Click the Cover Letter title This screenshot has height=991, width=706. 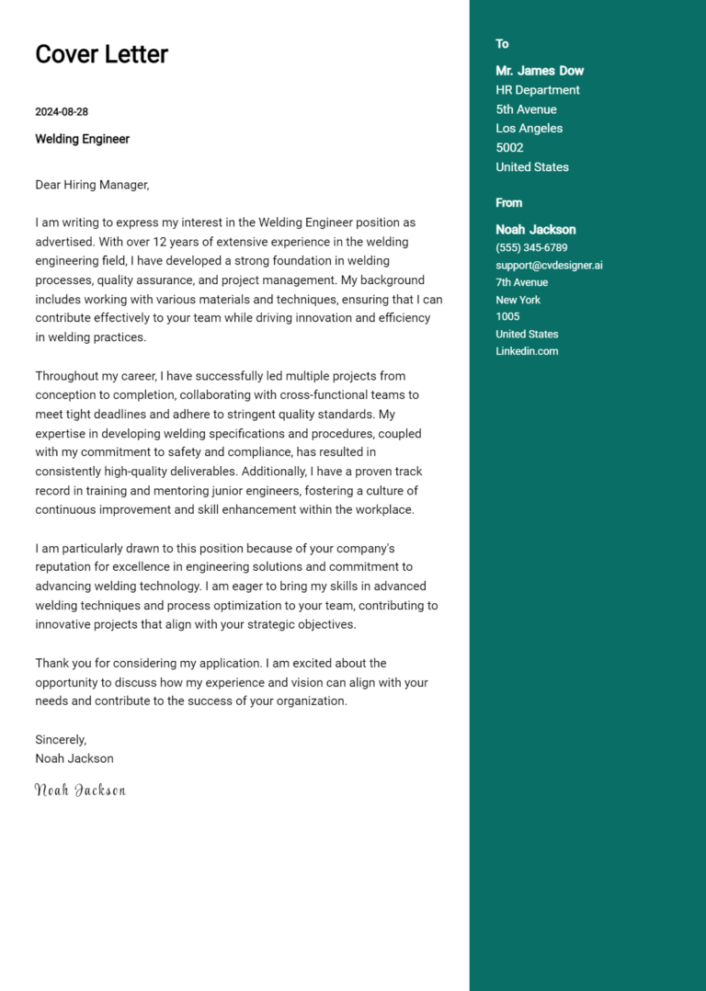pos(101,54)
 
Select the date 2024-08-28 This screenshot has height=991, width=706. pos(62,112)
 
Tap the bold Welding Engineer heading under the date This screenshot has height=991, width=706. pos(82,139)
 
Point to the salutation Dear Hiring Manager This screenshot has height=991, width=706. pos(92,185)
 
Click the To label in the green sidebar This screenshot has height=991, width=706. pos(502,44)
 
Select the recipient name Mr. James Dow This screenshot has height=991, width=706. pos(540,71)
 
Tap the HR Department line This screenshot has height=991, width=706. pos(538,90)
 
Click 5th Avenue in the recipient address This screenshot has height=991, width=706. pos(526,109)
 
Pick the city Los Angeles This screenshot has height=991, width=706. pos(529,129)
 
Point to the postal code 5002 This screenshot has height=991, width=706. pos(509,148)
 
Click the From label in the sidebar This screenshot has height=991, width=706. pos(508,203)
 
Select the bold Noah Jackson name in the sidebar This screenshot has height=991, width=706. pos(536,230)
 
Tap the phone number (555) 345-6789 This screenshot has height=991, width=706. pos(531,248)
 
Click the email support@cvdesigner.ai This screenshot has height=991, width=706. pos(549,266)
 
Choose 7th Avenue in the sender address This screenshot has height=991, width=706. pos(521,282)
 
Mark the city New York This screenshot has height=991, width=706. pos(518,300)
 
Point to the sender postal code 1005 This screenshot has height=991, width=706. pos(507,317)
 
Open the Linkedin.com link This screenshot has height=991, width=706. pos(527,351)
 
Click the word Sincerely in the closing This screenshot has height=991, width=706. pos(61,739)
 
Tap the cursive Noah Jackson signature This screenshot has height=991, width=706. pos(80,790)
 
